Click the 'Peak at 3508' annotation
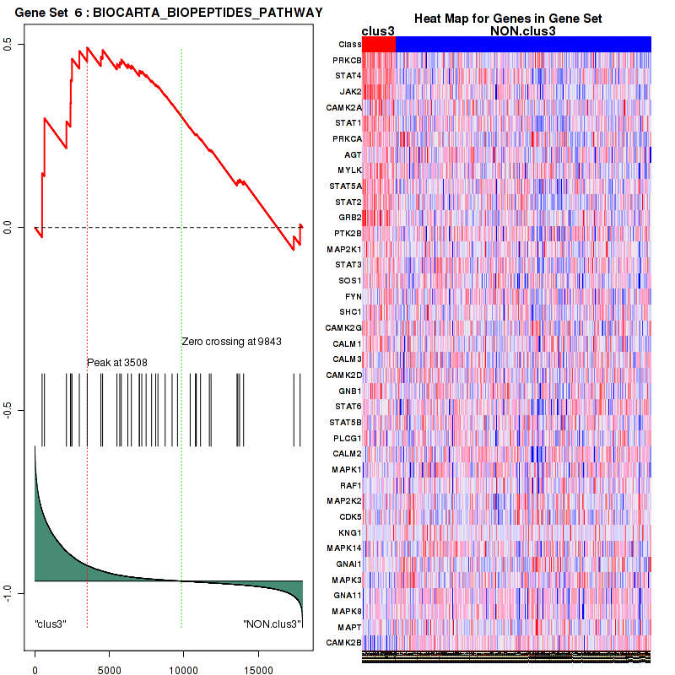116,363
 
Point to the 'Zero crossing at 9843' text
231,343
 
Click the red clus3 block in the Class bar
380,44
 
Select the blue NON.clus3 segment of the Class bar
523,44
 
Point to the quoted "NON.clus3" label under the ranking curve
273,624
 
